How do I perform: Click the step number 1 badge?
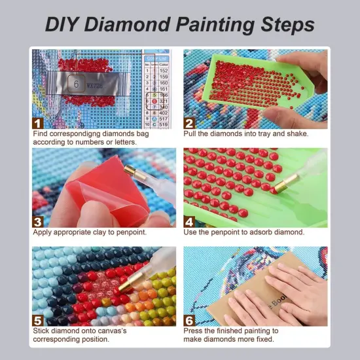(x=39, y=122)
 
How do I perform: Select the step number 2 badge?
(x=190, y=122)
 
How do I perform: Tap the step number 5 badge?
(x=39, y=320)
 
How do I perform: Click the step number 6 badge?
(x=190, y=320)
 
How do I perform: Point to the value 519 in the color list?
(x=163, y=124)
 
